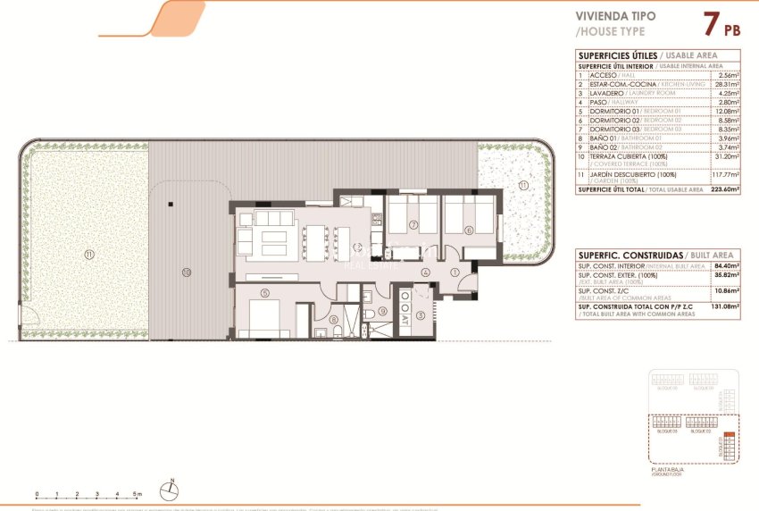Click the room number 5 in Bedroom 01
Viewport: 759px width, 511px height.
click(264, 292)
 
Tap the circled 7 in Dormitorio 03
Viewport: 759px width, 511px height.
click(414, 224)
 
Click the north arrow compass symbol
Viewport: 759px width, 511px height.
click(170, 488)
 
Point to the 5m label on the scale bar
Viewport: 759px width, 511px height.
click(138, 494)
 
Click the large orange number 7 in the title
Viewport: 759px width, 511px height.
click(711, 24)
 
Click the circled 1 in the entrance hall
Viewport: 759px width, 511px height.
click(455, 272)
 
